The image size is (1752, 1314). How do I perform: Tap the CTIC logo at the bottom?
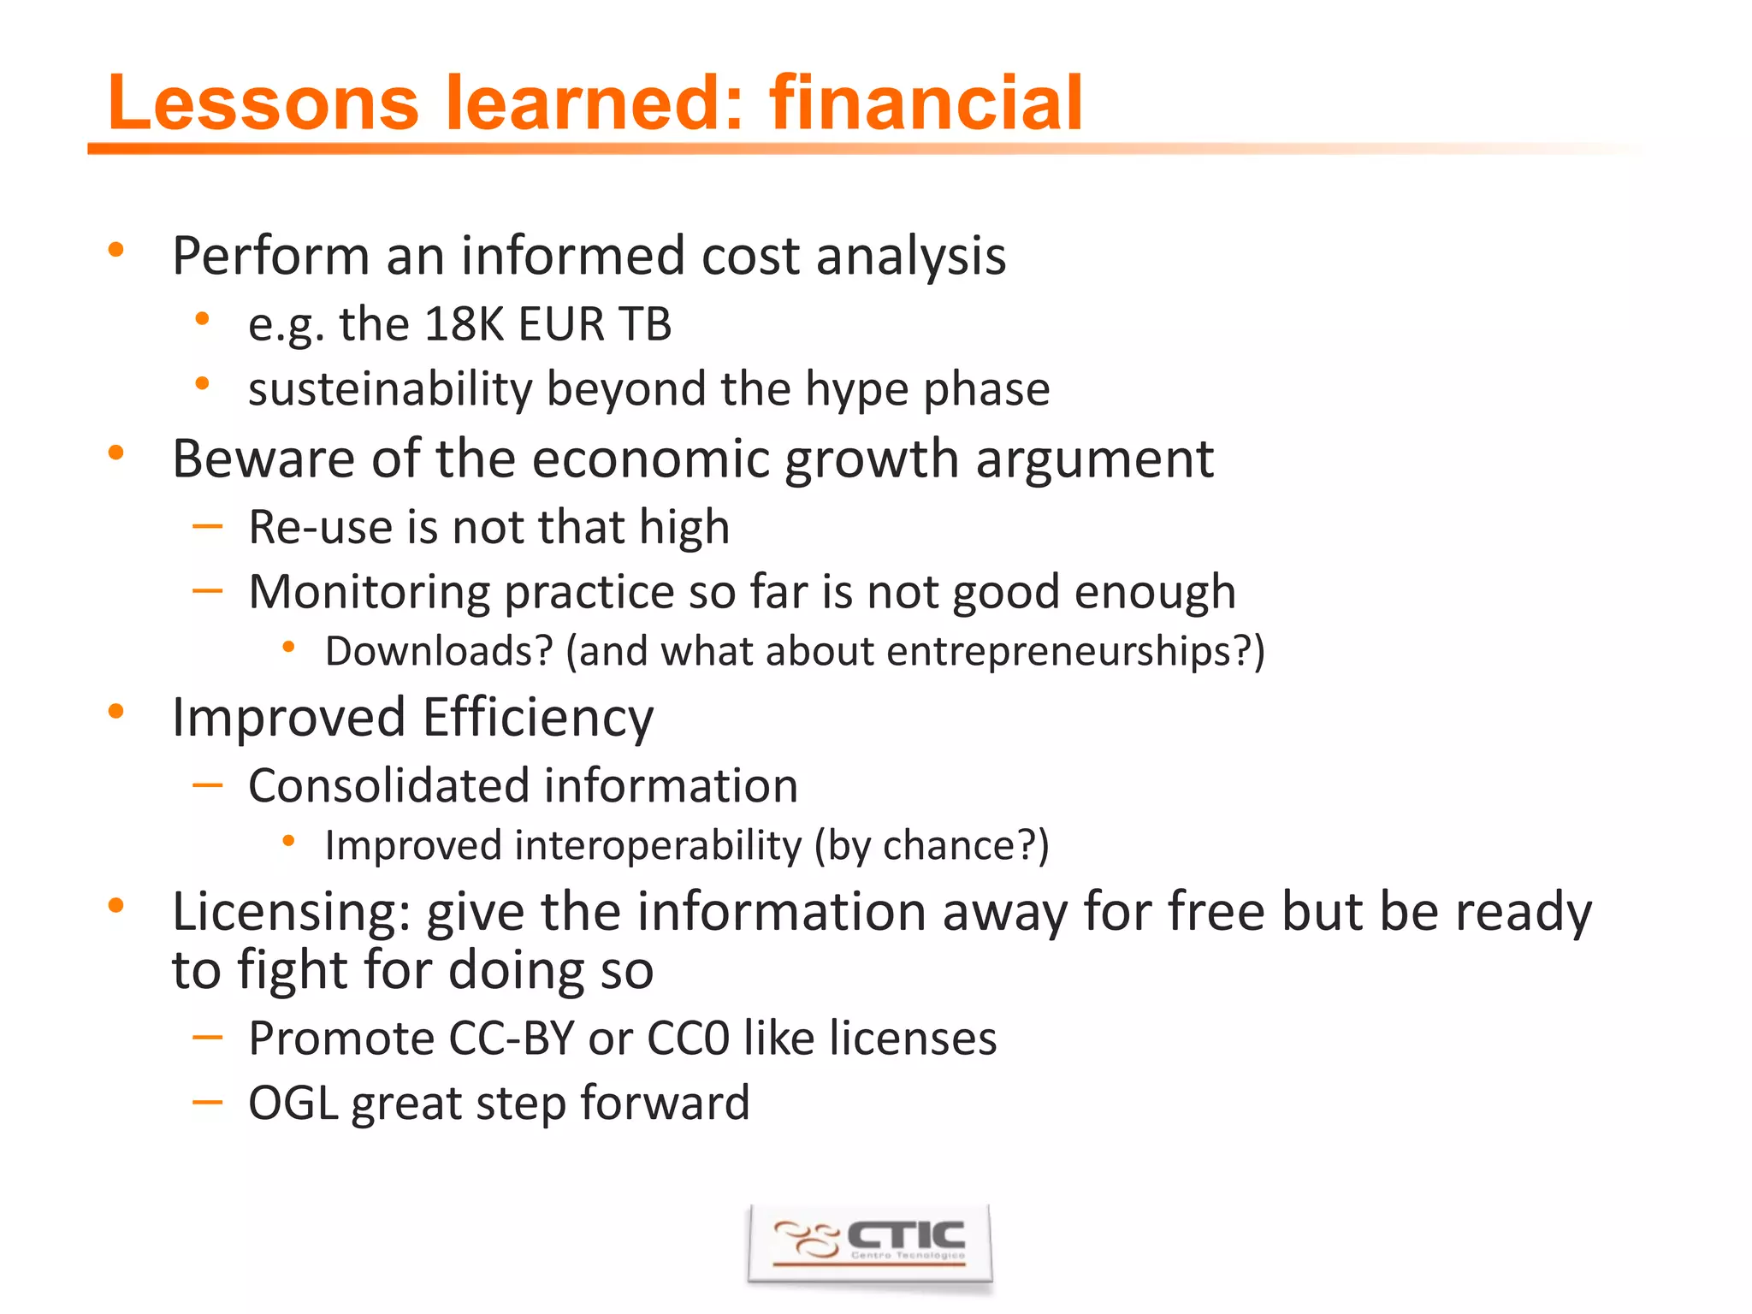[870, 1244]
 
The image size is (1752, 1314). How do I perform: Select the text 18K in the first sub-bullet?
[465, 324]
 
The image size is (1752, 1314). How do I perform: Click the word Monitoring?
[369, 592]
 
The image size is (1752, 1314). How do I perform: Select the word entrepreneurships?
[1069, 652]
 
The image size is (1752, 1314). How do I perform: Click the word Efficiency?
[538, 717]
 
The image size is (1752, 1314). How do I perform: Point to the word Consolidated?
[389, 785]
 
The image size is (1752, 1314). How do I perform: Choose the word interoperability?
[658, 846]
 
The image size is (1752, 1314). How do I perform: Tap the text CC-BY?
[512, 1039]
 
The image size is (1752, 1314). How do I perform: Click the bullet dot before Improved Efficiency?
[116, 712]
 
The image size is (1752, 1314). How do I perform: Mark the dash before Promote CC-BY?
[207, 1038]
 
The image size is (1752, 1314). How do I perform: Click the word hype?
[857, 389]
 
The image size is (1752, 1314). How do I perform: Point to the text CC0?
[689, 1039]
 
